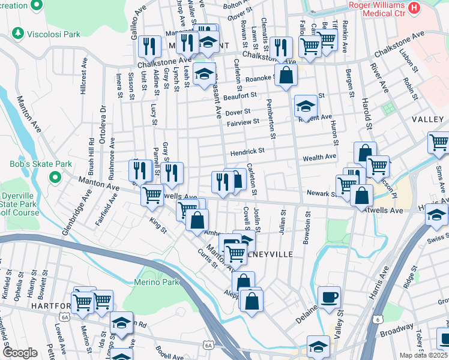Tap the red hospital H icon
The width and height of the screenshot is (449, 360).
(x=414, y=8)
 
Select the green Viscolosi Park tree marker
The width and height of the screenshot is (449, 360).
(x=18, y=34)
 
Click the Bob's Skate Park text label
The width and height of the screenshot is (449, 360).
(x=40, y=164)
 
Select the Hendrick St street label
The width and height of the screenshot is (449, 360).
(x=247, y=152)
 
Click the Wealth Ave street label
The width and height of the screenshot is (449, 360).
(x=320, y=157)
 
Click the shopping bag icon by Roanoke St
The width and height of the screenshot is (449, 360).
(x=286, y=75)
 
